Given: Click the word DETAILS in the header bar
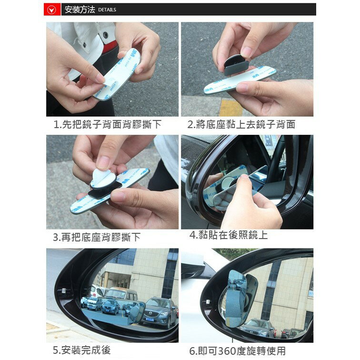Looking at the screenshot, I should [107, 10].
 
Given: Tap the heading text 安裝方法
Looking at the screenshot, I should [80, 9].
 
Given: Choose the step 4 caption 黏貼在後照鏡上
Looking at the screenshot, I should [229, 235].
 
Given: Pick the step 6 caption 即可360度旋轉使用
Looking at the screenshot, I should [238, 351].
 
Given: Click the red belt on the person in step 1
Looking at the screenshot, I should [110, 48].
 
